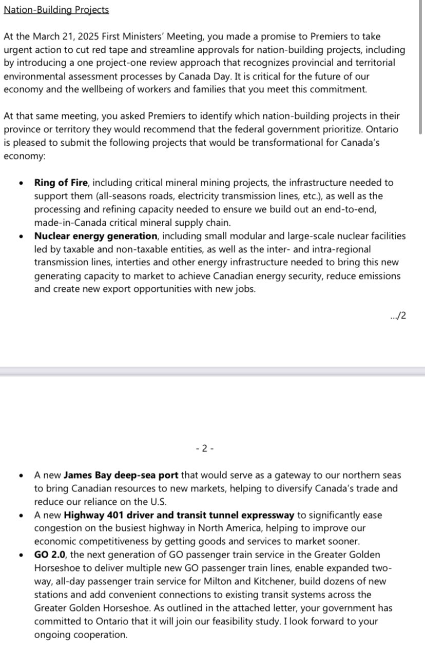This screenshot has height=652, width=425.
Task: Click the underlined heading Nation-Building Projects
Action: click(56, 10)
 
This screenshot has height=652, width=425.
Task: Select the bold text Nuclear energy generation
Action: click(95, 236)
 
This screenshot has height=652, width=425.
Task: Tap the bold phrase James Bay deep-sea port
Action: click(121, 476)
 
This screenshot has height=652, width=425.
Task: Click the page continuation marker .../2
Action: click(398, 316)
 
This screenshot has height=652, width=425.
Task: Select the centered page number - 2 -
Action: click(205, 448)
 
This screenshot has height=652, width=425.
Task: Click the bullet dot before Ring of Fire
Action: click(20, 183)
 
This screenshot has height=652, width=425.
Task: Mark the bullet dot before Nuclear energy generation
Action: click(20, 236)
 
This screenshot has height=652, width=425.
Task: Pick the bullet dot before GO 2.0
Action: click(20, 555)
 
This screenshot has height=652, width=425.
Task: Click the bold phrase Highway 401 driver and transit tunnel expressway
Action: click(179, 515)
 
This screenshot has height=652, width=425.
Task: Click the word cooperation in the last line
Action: click(101, 635)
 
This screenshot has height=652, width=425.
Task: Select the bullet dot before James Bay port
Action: click(20, 476)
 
